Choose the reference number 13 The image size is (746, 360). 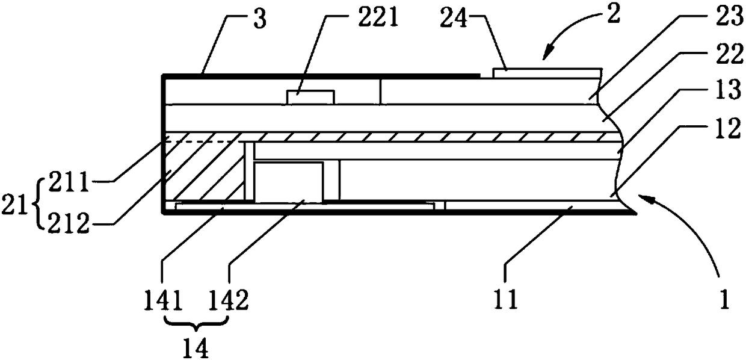point(715,95)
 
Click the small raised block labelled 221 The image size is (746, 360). point(310,97)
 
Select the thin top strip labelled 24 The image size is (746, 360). point(546,72)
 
